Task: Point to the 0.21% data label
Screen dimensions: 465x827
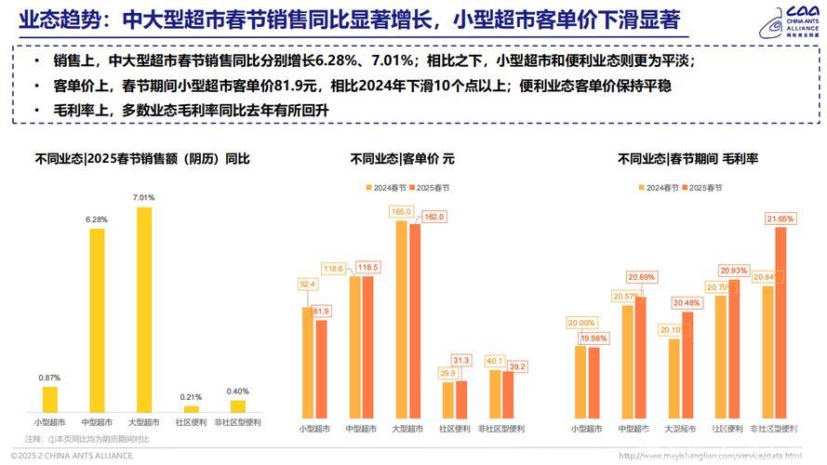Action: point(192,397)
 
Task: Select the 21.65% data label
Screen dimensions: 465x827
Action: point(780,219)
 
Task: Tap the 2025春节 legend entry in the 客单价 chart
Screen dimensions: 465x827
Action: point(430,187)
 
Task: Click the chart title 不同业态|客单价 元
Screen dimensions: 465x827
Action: point(402,159)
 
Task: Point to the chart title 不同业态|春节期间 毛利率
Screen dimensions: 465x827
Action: point(687,159)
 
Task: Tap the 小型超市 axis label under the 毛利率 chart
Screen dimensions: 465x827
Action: point(586,429)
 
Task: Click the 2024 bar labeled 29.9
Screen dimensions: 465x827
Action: point(448,401)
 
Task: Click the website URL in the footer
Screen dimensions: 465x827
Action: point(709,456)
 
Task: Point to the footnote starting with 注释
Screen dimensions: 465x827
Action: point(87,438)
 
